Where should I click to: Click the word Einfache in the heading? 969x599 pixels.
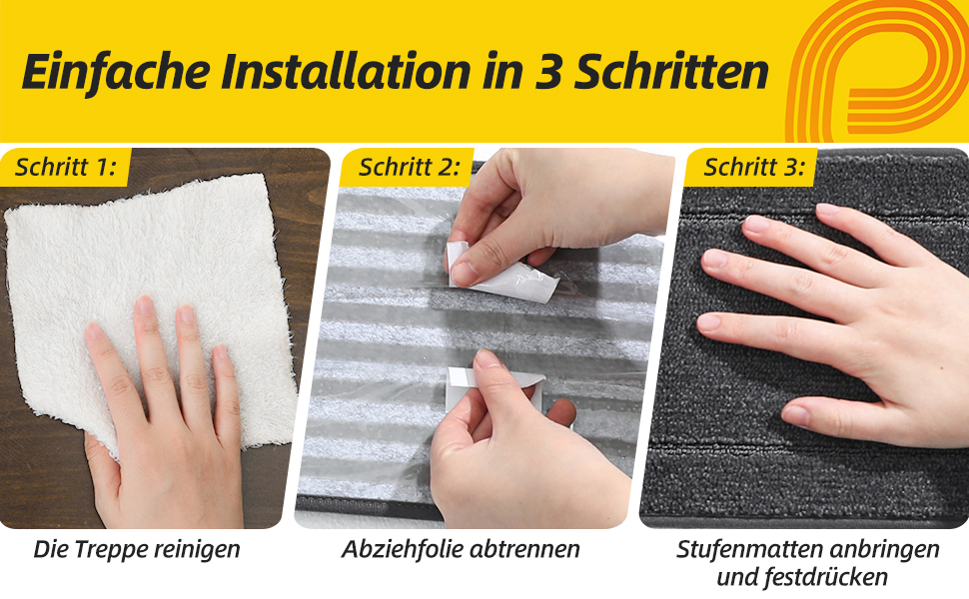click(116, 72)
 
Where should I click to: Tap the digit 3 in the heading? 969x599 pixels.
click(546, 72)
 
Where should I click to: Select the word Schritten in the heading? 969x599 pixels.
click(671, 72)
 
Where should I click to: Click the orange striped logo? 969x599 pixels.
click(877, 71)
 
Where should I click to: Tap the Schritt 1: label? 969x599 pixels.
click(66, 167)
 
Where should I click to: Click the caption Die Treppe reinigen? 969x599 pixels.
click(137, 549)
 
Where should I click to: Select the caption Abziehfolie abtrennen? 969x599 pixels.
click(461, 549)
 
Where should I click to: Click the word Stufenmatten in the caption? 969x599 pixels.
click(749, 549)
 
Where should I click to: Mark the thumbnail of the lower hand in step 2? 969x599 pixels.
click(487, 358)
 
